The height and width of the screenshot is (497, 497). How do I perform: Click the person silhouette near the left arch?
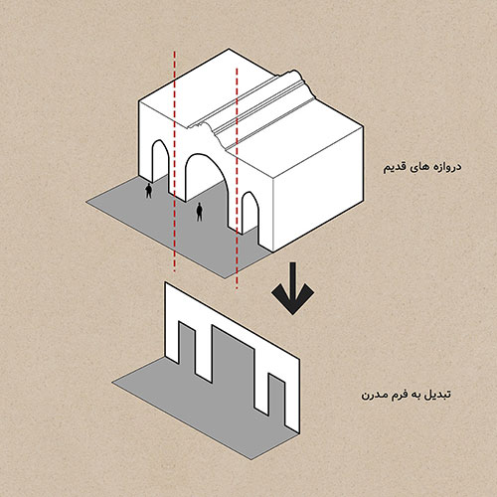click(x=149, y=190)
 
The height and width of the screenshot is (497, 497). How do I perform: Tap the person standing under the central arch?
click(x=199, y=211)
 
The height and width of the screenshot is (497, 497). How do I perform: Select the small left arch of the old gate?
click(x=157, y=169)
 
